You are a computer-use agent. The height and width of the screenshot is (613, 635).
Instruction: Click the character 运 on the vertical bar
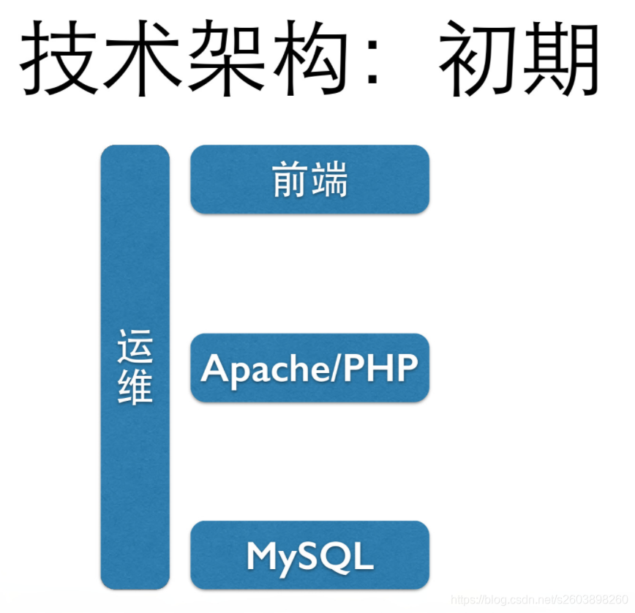pyautogui.click(x=135, y=347)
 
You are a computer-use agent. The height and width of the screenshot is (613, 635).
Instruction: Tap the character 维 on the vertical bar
pyautogui.click(x=135, y=386)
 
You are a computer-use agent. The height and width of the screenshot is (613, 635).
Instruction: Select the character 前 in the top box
pyautogui.click(x=290, y=180)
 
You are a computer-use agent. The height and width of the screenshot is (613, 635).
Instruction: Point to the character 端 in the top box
pyautogui.click(x=328, y=180)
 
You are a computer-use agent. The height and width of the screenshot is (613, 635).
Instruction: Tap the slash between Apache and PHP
pyautogui.click(x=339, y=368)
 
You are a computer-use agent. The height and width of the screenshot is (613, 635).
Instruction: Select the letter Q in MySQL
pyautogui.click(x=337, y=557)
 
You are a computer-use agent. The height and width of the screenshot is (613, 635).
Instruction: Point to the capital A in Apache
pyautogui.click(x=214, y=367)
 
